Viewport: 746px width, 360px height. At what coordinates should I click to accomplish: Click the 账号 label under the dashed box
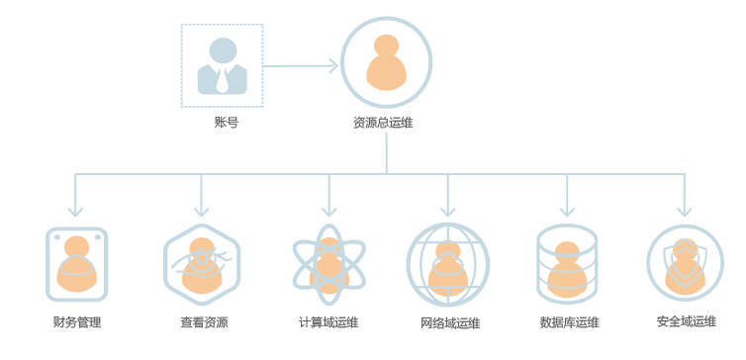point(226,123)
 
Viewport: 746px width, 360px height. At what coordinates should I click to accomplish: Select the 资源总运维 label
point(383,123)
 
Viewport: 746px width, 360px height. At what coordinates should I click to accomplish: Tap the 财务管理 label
point(77,322)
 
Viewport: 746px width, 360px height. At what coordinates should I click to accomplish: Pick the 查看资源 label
point(204,322)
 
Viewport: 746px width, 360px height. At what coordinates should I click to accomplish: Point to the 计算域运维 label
point(328,322)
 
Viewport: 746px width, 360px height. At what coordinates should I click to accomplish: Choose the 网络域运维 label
point(450,322)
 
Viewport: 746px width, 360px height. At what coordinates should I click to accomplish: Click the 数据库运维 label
point(570,322)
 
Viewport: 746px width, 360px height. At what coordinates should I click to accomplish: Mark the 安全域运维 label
point(687,321)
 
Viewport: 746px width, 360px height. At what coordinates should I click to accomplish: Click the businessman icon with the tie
point(223,66)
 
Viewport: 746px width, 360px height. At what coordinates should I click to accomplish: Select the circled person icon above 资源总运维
point(386,62)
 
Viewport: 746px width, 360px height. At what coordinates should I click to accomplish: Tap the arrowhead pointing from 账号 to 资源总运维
point(332,66)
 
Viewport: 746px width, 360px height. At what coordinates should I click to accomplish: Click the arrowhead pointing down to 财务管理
point(75,211)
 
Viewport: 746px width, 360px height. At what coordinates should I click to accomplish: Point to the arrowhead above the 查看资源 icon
point(201,211)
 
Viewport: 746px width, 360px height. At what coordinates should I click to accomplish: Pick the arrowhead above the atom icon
point(328,211)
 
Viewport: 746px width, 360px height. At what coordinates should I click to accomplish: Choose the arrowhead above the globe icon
point(447,211)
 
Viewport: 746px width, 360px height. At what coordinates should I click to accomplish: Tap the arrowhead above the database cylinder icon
point(567,211)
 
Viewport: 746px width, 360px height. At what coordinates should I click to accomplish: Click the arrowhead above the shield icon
point(684,211)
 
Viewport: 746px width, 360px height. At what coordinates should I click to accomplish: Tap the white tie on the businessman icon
point(222,80)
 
